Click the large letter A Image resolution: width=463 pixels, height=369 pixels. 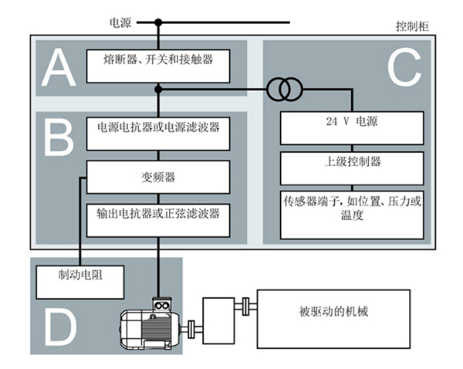point(59,66)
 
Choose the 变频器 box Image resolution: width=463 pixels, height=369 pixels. point(158,177)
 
